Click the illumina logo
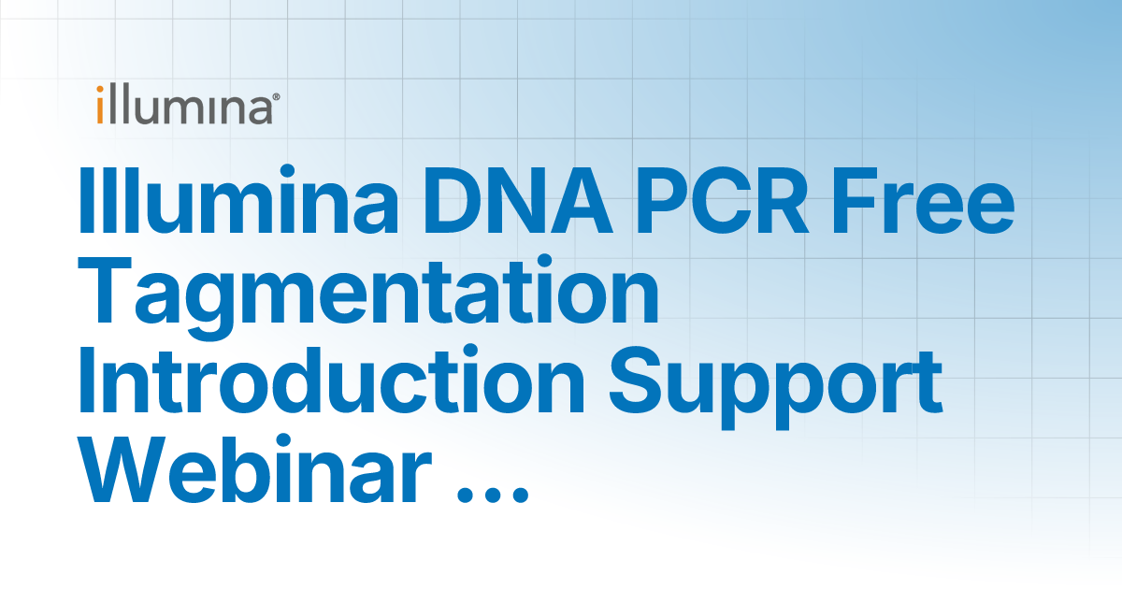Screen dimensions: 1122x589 188,104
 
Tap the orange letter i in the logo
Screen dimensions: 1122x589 100,105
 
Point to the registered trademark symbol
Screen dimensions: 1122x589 276,97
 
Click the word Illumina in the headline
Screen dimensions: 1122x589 238,200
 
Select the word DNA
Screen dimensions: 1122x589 517,201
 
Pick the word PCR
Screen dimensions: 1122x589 722,201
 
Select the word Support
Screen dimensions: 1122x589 776,387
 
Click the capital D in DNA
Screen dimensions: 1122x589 453,201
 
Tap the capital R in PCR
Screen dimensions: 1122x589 781,201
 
